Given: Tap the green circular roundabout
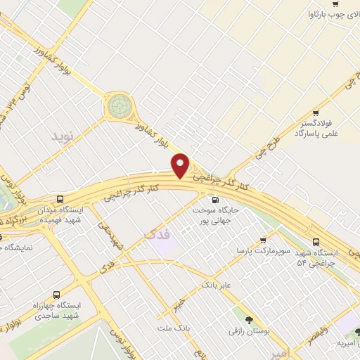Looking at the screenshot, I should [120, 107].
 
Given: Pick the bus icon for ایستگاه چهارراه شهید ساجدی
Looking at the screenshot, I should [56, 295].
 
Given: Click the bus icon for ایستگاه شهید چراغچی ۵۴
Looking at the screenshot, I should [316, 241].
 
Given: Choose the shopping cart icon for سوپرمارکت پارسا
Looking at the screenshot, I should [264, 240].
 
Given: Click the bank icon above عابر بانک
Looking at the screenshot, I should [207, 276].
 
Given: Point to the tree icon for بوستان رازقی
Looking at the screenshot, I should [247, 319].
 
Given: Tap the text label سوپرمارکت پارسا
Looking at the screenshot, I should [251, 251].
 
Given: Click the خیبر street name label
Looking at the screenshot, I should [181, 302].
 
